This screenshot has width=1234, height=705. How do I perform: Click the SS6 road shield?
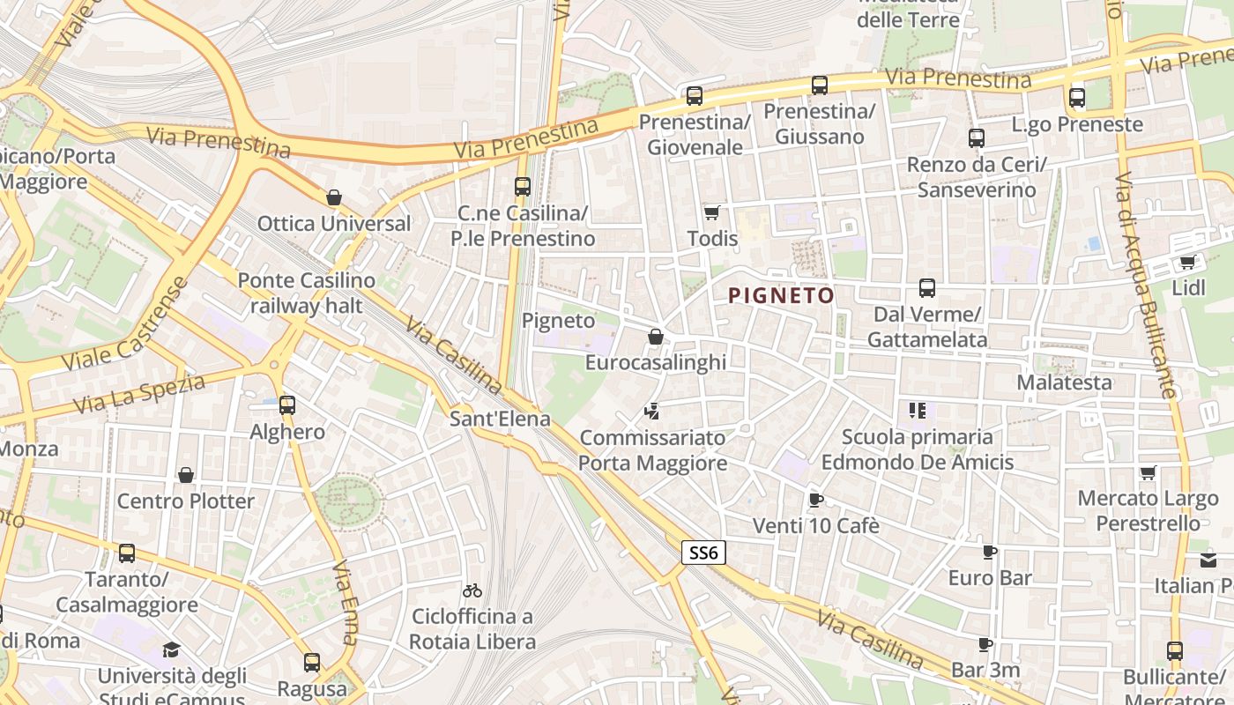pyautogui.click(x=703, y=553)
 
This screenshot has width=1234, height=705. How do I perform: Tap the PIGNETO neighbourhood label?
pyautogui.click(x=782, y=296)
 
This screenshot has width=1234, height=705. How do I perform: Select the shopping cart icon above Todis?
pyautogui.click(x=711, y=212)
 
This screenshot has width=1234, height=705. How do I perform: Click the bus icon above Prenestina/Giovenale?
pyautogui.click(x=695, y=96)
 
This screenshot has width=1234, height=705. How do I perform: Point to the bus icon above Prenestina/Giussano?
pyautogui.click(x=820, y=85)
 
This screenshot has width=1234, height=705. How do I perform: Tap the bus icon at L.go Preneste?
pyautogui.click(x=1076, y=98)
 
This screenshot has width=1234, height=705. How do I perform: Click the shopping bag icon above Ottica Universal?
pyautogui.click(x=334, y=197)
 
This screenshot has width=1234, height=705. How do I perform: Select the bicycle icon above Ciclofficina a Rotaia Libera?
pyautogui.click(x=472, y=590)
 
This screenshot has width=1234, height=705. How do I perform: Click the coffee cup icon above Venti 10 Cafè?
pyautogui.click(x=816, y=500)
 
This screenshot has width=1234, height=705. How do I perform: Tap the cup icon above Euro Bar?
pyautogui.click(x=990, y=553)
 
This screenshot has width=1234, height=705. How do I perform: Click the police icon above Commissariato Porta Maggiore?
pyautogui.click(x=653, y=411)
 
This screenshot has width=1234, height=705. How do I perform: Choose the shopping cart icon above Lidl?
pyautogui.click(x=1188, y=262)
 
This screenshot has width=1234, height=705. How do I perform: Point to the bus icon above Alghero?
pyautogui.click(x=287, y=405)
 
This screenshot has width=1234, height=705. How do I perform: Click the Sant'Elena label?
pyautogui.click(x=500, y=419)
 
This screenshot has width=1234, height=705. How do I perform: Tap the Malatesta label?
pyautogui.click(x=1064, y=382)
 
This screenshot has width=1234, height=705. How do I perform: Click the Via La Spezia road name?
pyautogui.click(x=139, y=394)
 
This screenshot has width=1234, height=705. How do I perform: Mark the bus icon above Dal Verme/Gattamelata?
pyautogui.click(x=926, y=288)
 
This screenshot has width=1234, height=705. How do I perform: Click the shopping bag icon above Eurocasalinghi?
pyautogui.click(x=656, y=337)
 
